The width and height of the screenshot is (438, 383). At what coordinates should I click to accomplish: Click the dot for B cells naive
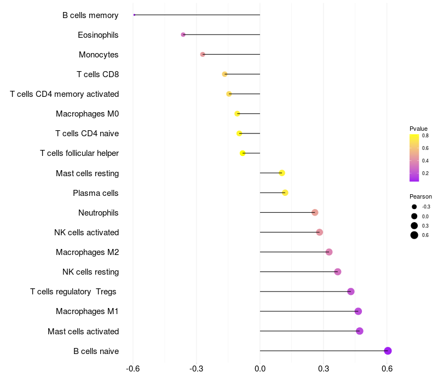tap(388, 351)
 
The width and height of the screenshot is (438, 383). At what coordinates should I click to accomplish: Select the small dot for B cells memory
tap(134, 15)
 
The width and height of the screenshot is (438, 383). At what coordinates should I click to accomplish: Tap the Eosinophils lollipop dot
tap(183, 34)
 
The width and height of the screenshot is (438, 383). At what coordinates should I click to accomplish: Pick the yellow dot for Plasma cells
tap(285, 193)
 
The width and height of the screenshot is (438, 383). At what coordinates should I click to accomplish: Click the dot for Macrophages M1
tap(358, 311)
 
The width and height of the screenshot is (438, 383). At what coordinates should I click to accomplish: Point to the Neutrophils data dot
tap(315, 212)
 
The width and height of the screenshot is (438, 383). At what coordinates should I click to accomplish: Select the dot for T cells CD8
tap(224, 74)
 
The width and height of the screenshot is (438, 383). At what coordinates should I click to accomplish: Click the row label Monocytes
tap(99, 55)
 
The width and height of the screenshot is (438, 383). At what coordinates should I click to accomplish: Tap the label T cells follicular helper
tap(79, 153)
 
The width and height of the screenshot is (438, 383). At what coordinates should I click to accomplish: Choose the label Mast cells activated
tap(83, 332)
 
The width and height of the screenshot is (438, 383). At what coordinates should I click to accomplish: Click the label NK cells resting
tap(91, 272)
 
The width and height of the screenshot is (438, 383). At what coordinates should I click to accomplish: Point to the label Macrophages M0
tap(87, 114)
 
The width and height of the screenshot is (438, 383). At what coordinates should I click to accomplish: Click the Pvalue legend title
tap(418, 129)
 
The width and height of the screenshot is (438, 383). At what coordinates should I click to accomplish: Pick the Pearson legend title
tap(420, 196)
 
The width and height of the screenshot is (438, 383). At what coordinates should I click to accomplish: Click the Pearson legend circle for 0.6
tap(414, 235)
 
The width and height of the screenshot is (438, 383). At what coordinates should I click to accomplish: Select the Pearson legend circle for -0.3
tap(414, 207)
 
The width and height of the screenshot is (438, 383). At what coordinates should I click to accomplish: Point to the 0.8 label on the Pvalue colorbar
tap(425, 136)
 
